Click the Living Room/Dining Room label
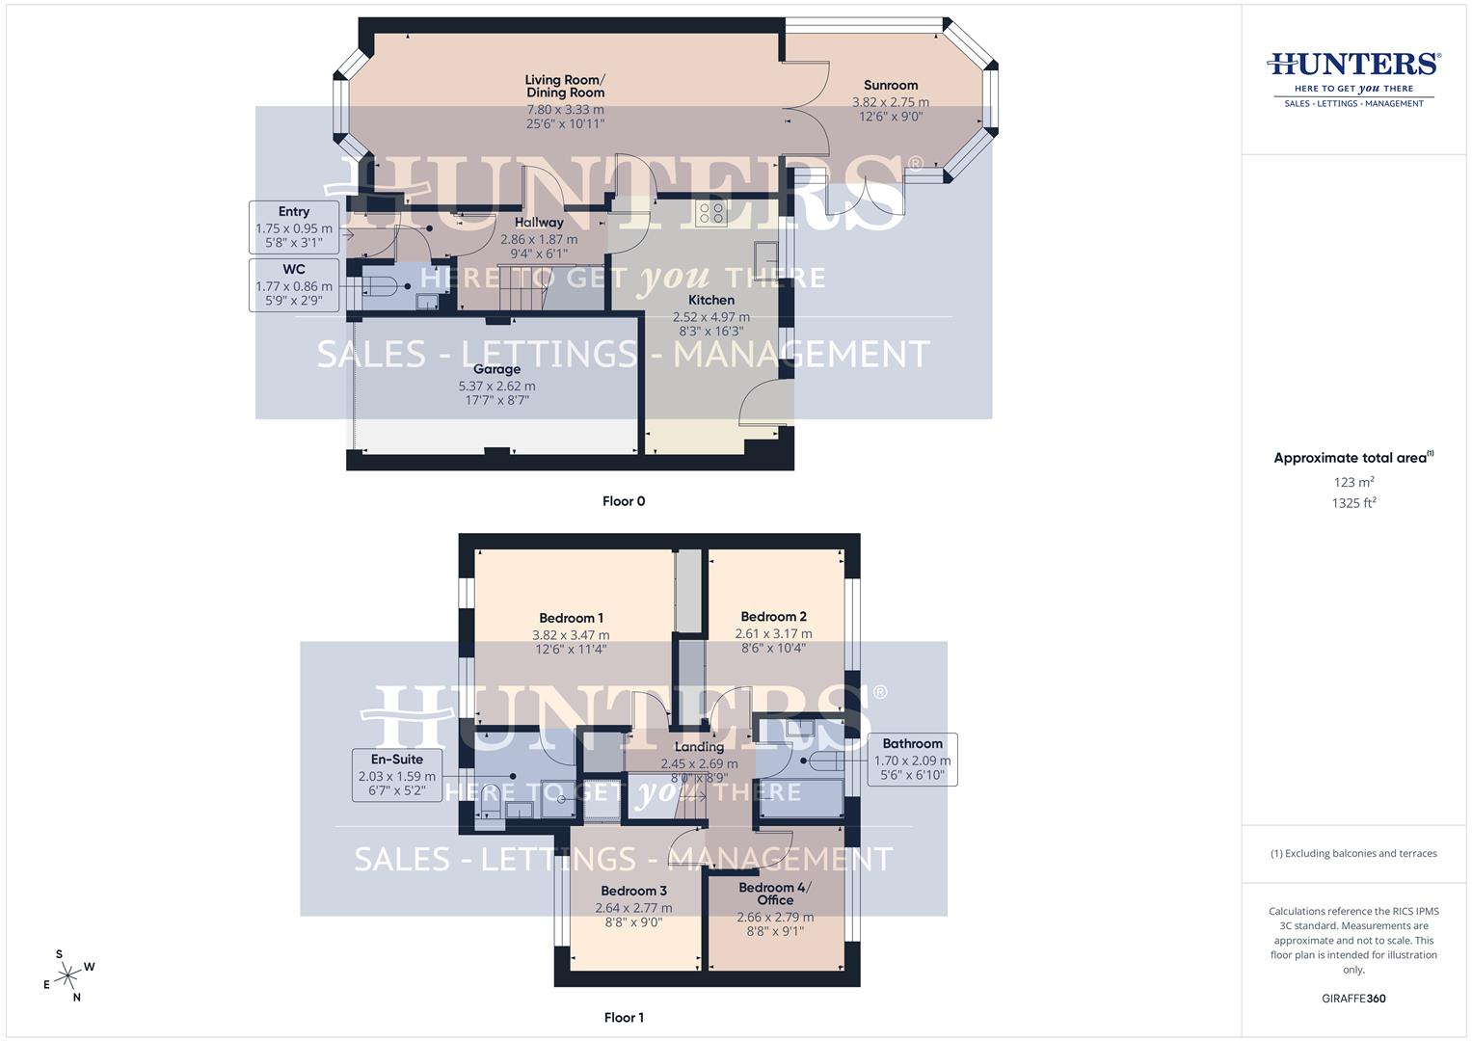(565, 86)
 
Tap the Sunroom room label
(890, 85)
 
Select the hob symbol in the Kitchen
(711, 213)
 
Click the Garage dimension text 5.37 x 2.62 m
(496, 386)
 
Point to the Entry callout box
(294, 227)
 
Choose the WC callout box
(294, 284)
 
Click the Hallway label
(539, 223)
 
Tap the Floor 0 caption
(624, 501)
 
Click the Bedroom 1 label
(571, 618)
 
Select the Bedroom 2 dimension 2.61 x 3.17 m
(773, 633)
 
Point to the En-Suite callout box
(396, 775)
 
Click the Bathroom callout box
(912, 760)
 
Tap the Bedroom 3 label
(633, 891)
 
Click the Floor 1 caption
(624, 1017)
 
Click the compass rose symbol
(67, 976)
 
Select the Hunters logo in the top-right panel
(1353, 77)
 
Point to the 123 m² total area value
(1353, 482)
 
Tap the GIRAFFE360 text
(1353, 999)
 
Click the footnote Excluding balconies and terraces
(1353, 853)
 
